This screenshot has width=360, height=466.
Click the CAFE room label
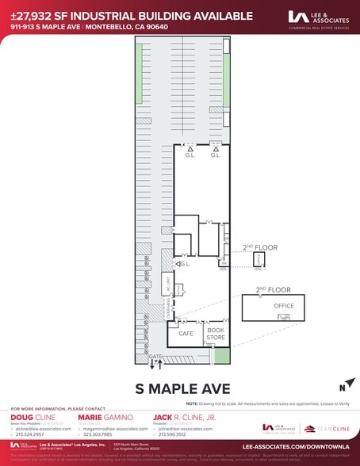point(186,334)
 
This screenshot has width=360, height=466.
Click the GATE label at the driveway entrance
point(155,357)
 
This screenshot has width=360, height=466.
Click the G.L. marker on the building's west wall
point(185,264)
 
